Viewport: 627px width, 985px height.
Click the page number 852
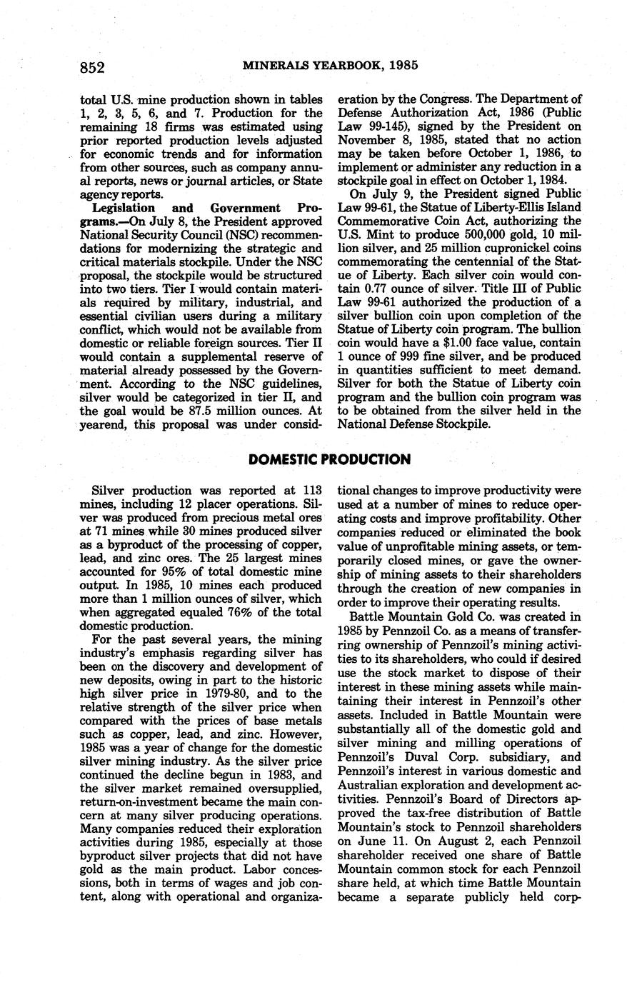(93, 68)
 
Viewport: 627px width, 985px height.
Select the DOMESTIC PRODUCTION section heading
(329, 459)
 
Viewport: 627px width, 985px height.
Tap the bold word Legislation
(124, 208)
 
